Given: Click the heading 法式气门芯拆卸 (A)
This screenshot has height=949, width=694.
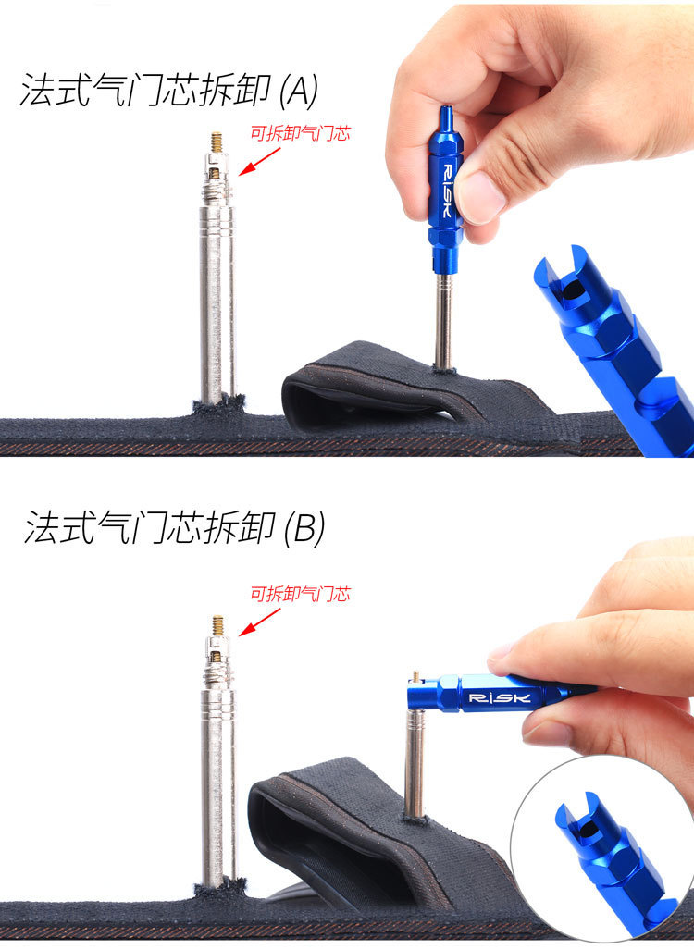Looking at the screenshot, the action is pos(169,91).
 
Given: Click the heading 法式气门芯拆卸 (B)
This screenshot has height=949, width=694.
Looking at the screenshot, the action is pos(174,527).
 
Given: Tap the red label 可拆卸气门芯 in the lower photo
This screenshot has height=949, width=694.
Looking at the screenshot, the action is pos(301,594).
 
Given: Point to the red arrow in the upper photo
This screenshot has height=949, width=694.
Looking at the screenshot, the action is pos(259,162).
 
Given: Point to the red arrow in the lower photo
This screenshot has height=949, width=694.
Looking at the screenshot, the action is pos(259,622).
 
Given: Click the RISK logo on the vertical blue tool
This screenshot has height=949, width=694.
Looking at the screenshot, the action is pos(446,191).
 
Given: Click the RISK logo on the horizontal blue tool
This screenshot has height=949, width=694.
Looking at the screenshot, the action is pos(500,697).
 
